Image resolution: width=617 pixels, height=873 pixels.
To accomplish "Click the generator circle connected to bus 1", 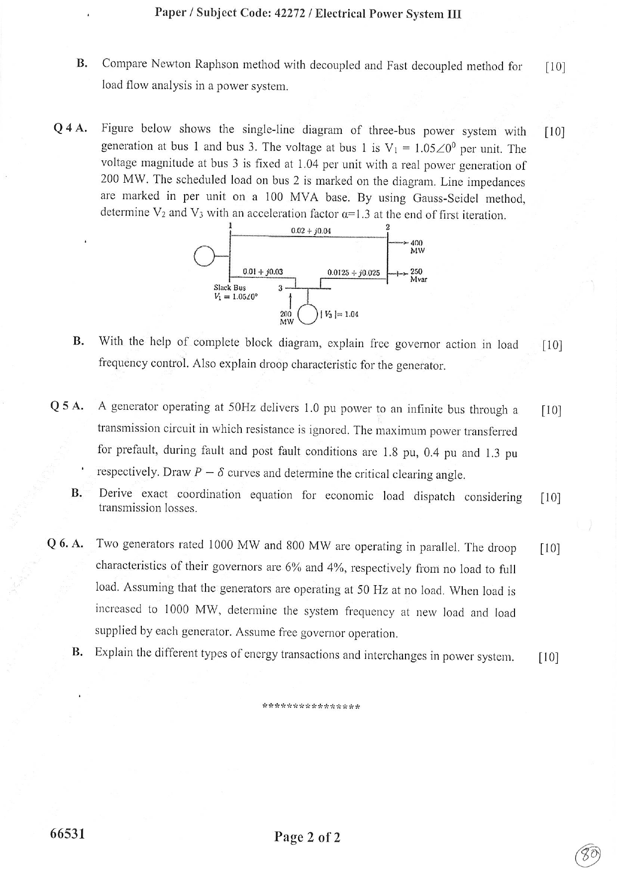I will pyautogui.click(x=204, y=256).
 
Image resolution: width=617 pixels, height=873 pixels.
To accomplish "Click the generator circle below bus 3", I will pyautogui.click(x=308, y=314).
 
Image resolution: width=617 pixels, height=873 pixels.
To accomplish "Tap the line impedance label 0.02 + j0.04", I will pyautogui.click(x=310, y=231).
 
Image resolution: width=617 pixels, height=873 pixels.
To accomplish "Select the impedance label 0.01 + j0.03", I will pyautogui.click(x=262, y=271).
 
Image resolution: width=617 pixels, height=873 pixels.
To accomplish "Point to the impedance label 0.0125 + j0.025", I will pyautogui.click(x=353, y=272).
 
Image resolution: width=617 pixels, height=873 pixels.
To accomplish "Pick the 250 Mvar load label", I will pyautogui.click(x=418, y=275).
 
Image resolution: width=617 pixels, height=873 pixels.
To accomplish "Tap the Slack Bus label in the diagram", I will pyautogui.click(x=229, y=287).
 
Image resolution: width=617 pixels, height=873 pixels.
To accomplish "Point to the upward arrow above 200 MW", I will pyautogui.click(x=290, y=300).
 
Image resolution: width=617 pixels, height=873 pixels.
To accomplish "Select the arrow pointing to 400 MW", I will pyautogui.click(x=399, y=243).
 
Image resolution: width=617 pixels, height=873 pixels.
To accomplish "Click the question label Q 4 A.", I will pyautogui.click(x=70, y=128).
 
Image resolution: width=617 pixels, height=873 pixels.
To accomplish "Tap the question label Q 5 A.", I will pyautogui.click(x=67, y=406).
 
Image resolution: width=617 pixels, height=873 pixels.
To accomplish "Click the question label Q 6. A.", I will pyautogui.click(x=65, y=543).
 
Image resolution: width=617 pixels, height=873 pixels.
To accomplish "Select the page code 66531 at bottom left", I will pyautogui.click(x=68, y=834).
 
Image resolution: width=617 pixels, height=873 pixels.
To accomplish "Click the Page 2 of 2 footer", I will pyautogui.click(x=307, y=837).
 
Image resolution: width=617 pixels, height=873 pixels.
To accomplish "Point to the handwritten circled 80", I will pyautogui.click(x=588, y=856).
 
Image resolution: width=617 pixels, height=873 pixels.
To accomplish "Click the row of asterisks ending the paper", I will pyautogui.click(x=310, y=706).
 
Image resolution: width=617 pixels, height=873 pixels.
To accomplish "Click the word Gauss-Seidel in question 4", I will pyautogui.click(x=445, y=198).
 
